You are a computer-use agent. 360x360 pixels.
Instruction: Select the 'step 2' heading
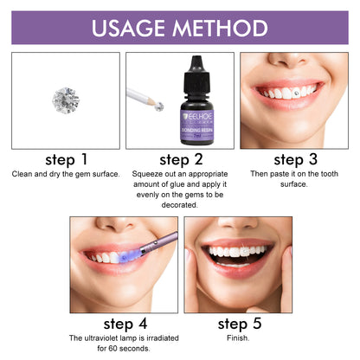179,159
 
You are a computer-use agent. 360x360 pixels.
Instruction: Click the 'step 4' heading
122,326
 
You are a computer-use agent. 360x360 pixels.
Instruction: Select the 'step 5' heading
237,326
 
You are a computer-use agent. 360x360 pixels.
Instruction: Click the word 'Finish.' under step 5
237,340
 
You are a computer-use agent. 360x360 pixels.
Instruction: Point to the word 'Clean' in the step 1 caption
23,173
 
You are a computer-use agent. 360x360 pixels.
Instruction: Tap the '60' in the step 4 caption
107,350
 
